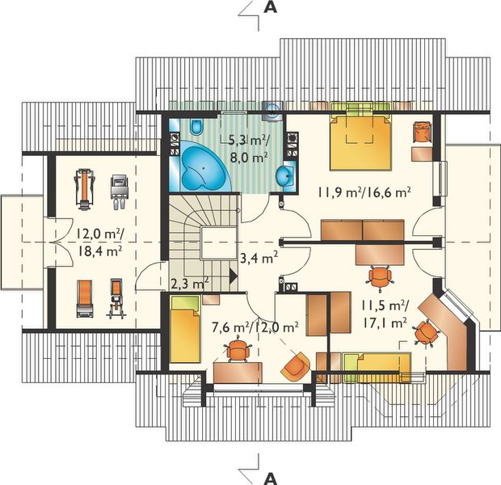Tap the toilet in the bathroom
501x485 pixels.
[x=196, y=127]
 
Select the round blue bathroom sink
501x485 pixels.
[x=284, y=176]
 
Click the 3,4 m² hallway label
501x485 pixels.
[x=259, y=257]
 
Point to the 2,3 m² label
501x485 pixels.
[x=190, y=282]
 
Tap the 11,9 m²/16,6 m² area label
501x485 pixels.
[x=364, y=192]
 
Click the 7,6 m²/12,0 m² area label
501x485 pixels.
[x=255, y=327]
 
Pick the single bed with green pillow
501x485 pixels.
[x=185, y=329]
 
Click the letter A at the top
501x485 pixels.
[x=271, y=7]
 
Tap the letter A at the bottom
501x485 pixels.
[x=271, y=479]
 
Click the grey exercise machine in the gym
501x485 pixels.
[x=120, y=192]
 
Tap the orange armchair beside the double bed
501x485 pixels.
[x=423, y=132]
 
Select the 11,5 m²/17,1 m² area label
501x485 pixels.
[x=385, y=314]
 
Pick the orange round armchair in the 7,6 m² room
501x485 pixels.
[x=296, y=366]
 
